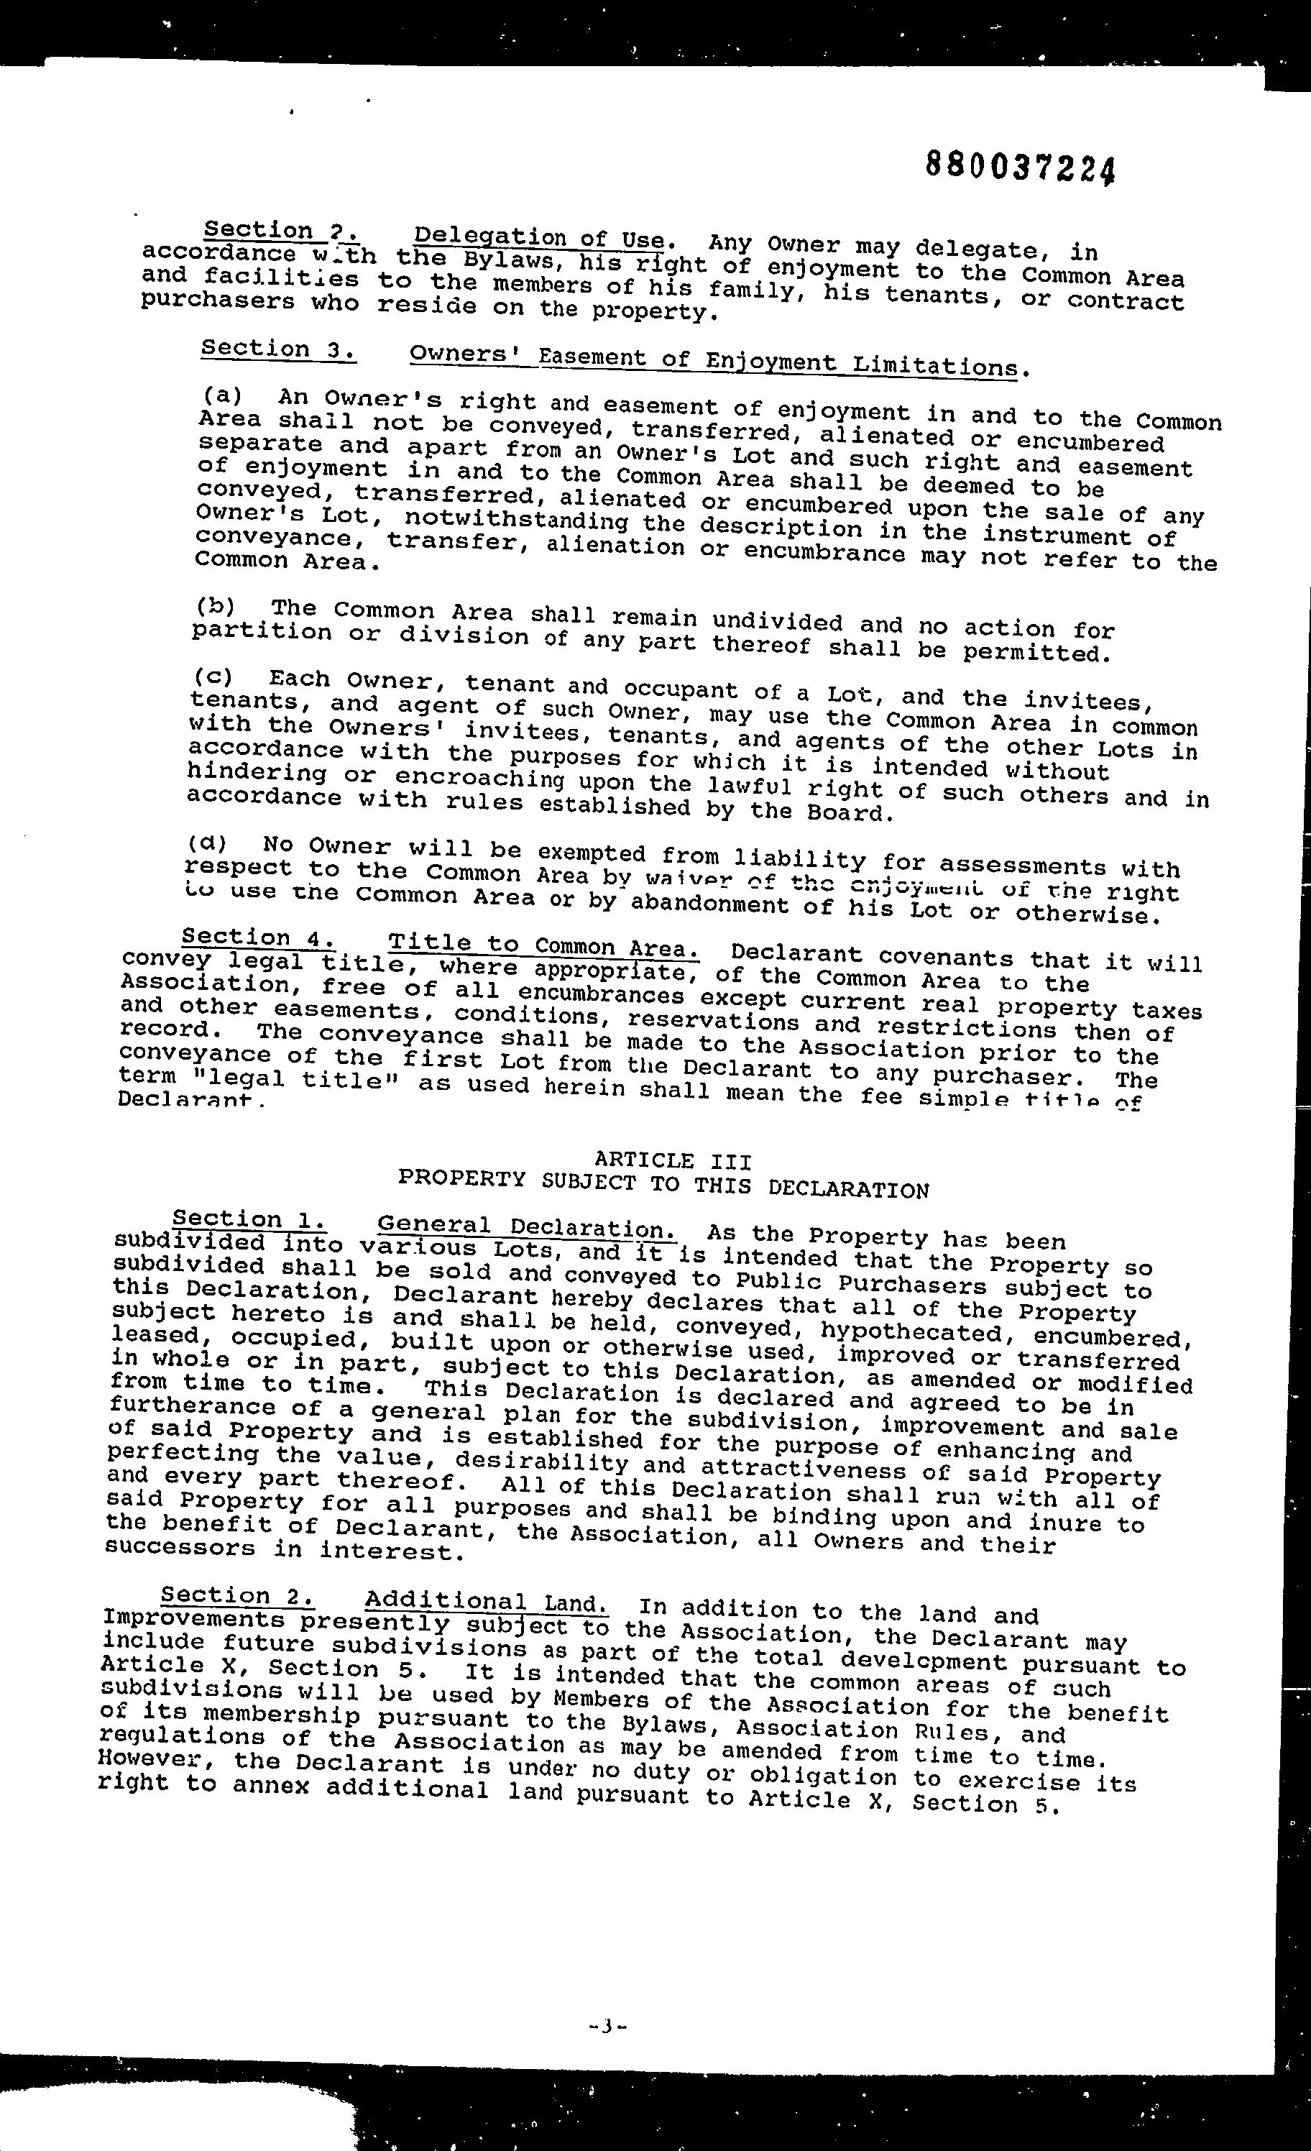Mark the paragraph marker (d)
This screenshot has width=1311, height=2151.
206,843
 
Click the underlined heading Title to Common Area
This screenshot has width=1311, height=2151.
544,945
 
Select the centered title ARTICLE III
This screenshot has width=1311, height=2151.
672,1160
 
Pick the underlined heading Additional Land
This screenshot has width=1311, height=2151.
486,1602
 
